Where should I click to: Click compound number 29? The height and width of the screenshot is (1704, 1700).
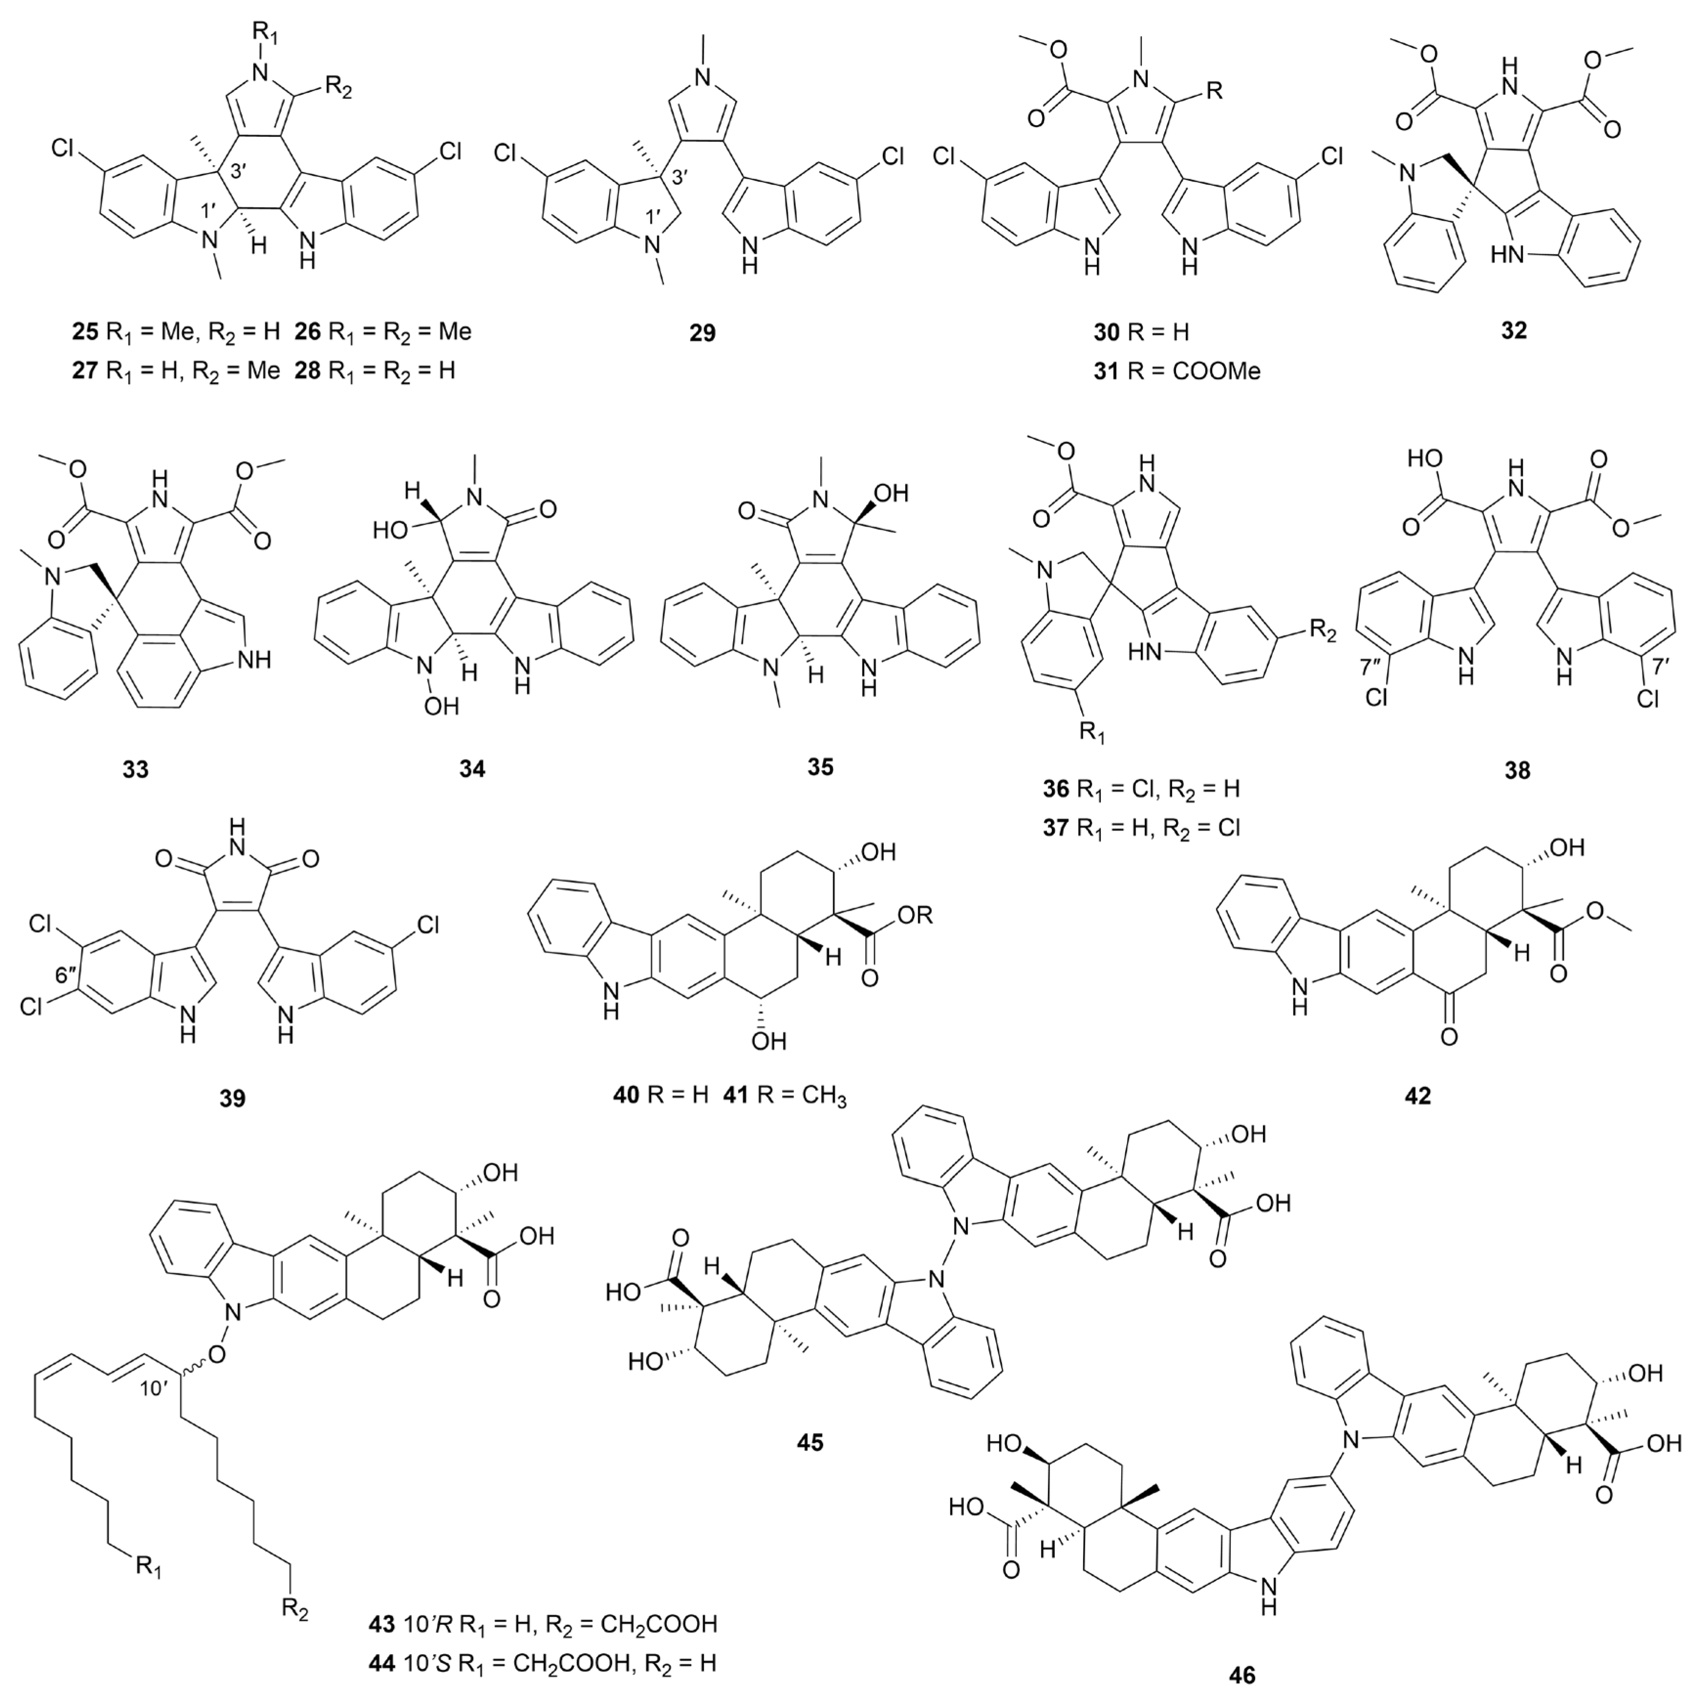tap(703, 332)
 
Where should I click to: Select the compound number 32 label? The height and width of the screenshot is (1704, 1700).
tap(1513, 331)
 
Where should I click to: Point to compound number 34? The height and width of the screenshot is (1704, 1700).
tap(472, 769)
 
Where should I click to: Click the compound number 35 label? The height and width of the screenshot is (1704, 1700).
tap(820, 766)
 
